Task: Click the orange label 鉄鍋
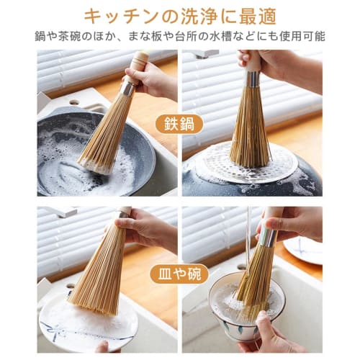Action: coord(179,123)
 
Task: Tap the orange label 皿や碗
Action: coord(179,274)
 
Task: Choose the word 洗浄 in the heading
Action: coord(199,15)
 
